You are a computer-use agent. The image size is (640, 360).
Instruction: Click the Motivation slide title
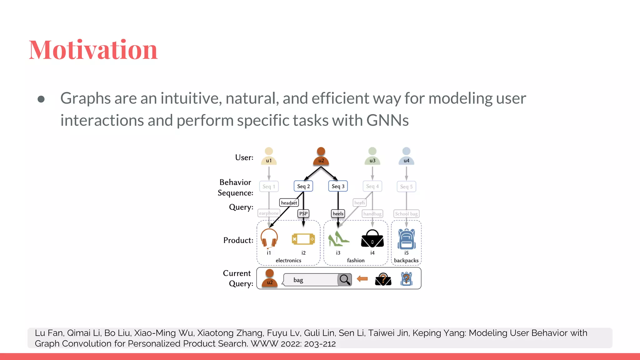[x=93, y=50]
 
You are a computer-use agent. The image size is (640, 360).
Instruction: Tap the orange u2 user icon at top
[x=321, y=156]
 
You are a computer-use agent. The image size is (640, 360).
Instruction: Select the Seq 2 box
[x=303, y=186]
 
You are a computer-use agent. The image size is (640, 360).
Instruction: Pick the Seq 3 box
[x=338, y=186]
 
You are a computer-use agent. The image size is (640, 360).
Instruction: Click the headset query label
[x=289, y=203]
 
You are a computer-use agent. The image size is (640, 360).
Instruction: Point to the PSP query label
[x=303, y=214]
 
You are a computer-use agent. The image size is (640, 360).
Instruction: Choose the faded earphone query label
[x=269, y=213]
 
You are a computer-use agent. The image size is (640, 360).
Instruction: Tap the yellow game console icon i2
[x=303, y=239]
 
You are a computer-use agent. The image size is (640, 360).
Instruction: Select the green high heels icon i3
[x=338, y=239]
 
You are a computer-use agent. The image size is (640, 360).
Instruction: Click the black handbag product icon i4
[x=372, y=239]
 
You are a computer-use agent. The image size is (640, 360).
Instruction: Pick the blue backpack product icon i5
[x=406, y=239]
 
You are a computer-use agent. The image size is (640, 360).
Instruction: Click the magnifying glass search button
[x=345, y=280]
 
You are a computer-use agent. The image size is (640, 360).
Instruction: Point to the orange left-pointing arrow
[x=362, y=279]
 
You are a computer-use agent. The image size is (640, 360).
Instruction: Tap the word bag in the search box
[x=298, y=280]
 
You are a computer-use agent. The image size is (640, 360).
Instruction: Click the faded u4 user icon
[x=406, y=156]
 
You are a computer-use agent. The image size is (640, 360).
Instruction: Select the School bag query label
[x=406, y=214]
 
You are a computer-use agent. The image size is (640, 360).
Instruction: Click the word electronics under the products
[x=288, y=260]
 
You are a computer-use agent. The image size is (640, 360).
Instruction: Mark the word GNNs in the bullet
[x=387, y=120]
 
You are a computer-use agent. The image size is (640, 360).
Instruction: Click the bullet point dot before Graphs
[x=41, y=99]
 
